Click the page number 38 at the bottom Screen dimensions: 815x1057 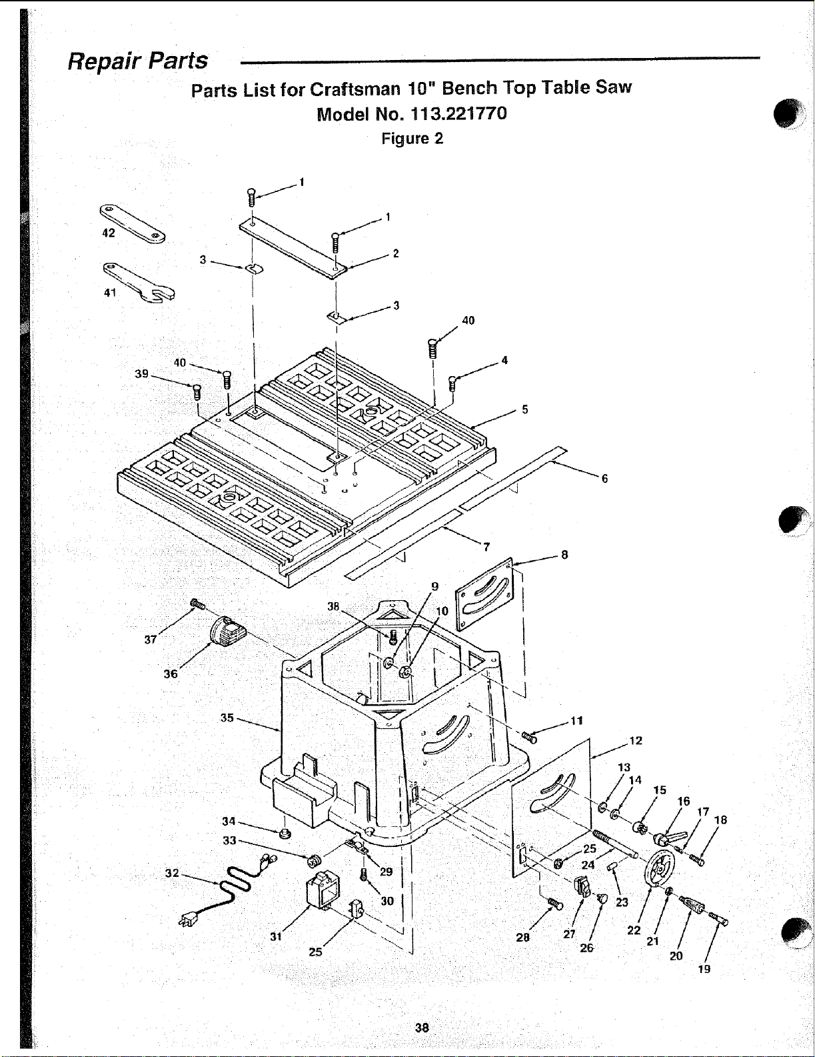point(421,1028)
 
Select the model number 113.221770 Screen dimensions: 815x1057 point(458,114)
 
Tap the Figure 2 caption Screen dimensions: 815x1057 point(412,139)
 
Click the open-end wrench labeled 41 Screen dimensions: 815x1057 point(139,281)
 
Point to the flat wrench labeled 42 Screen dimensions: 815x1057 point(132,224)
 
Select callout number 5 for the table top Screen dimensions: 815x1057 point(525,409)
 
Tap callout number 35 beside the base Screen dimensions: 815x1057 point(227,718)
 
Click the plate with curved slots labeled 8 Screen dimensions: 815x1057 point(484,594)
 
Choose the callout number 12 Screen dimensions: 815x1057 point(636,740)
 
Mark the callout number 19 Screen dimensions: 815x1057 point(704,968)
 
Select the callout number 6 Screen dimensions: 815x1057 point(604,478)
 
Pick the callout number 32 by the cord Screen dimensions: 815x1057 point(172,873)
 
